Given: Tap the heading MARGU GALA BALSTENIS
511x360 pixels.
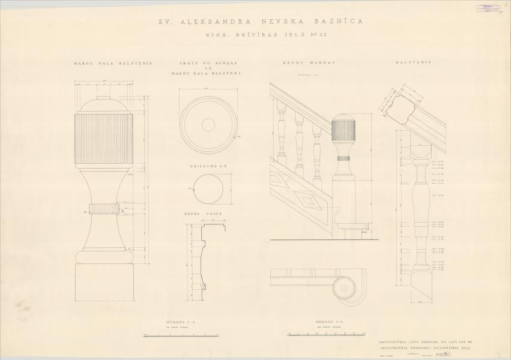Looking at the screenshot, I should (113, 62).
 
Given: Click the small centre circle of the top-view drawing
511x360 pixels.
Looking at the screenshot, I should (208, 124).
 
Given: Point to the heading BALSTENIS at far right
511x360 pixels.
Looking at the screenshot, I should (410, 62).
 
